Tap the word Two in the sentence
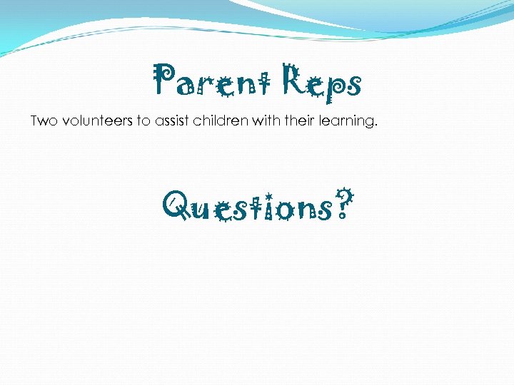(44, 121)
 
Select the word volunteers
(96, 121)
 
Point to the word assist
(175, 121)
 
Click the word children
(223, 121)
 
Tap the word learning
(348, 122)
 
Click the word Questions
(250, 207)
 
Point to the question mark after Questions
(344, 204)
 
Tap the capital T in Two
(35, 121)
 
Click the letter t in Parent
(267, 83)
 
